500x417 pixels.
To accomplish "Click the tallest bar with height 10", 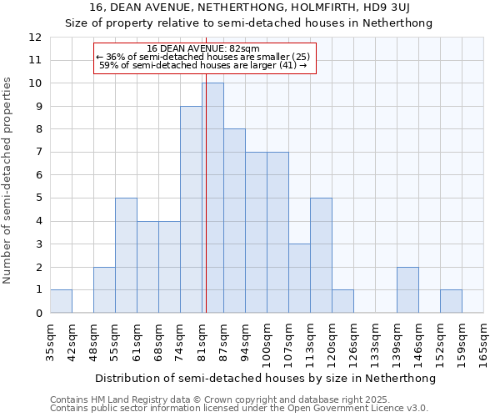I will [x=212, y=198].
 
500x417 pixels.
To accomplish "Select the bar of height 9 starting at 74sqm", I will [x=191, y=209].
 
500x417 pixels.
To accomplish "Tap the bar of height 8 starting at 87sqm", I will [x=234, y=221].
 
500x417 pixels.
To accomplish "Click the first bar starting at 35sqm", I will [x=61, y=301].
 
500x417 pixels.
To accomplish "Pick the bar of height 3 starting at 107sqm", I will [x=299, y=278].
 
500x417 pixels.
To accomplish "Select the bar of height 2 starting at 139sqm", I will [x=407, y=289].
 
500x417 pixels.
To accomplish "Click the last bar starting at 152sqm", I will [x=451, y=301].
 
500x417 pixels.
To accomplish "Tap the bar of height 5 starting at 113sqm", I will [x=321, y=255].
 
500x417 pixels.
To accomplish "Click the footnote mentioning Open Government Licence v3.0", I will [x=239, y=409].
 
